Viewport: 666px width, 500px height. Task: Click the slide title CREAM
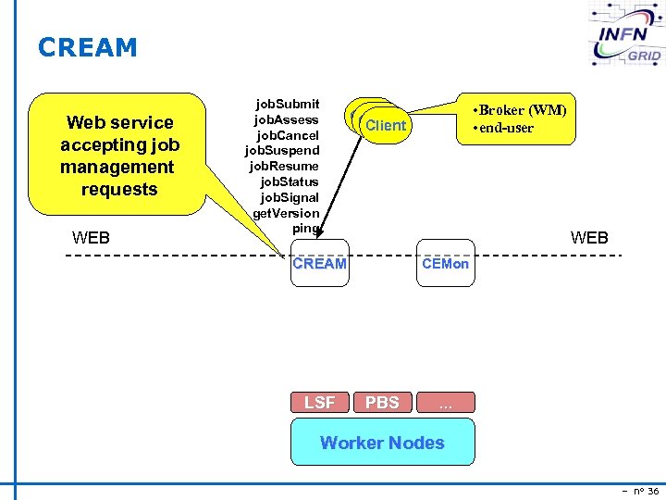pyautogui.click(x=87, y=47)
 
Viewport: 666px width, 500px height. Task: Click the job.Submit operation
pyautogui.click(x=287, y=104)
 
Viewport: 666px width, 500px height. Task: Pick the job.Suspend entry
pyautogui.click(x=282, y=151)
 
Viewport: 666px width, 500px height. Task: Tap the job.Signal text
pyautogui.click(x=289, y=197)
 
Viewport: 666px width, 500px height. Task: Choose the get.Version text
pyautogui.click(x=286, y=213)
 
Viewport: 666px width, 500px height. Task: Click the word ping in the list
pyautogui.click(x=304, y=228)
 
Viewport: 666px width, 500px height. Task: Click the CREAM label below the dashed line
pyautogui.click(x=319, y=264)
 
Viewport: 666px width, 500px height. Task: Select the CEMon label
pyautogui.click(x=445, y=264)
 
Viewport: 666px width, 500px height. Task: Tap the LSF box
pyautogui.click(x=320, y=402)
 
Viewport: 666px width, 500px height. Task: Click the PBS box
pyautogui.click(x=382, y=402)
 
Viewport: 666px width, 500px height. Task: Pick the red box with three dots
pyautogui.click(x=445, y=402)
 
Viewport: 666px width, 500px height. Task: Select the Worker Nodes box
pyautogui.click(x=382, y=442)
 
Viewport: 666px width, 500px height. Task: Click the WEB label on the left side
pyautogui.click(x=91, y=238)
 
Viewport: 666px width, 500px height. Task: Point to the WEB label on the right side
pyautogui.click(x=589, y=238)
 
